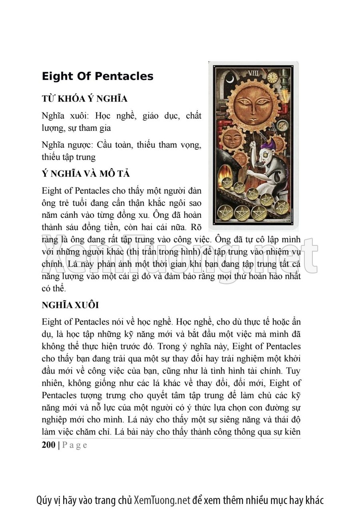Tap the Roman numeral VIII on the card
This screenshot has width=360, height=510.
pyautogui.click(x=254, y=73)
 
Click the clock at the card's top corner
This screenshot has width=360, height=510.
pyautogui.click(x=273, y=77)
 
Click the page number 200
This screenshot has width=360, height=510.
pyautogui.click(x=48, y=445)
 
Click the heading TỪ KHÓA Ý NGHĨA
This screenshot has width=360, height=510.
pyautogui.click(x=84, y=98)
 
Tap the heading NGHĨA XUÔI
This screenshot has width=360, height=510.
pyautogui.click(x=70, y=305)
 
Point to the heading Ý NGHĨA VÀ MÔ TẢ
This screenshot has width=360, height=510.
pyautogui.click(x=86, y=174)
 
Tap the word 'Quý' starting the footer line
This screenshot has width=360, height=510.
pyautogui.click(x=43, y=500)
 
